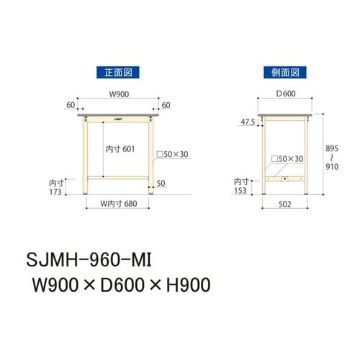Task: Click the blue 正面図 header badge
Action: [117, 72]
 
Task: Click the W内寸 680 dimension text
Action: [118, 203]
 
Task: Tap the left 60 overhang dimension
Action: [71, 105]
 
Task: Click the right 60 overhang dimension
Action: [167, 105]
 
